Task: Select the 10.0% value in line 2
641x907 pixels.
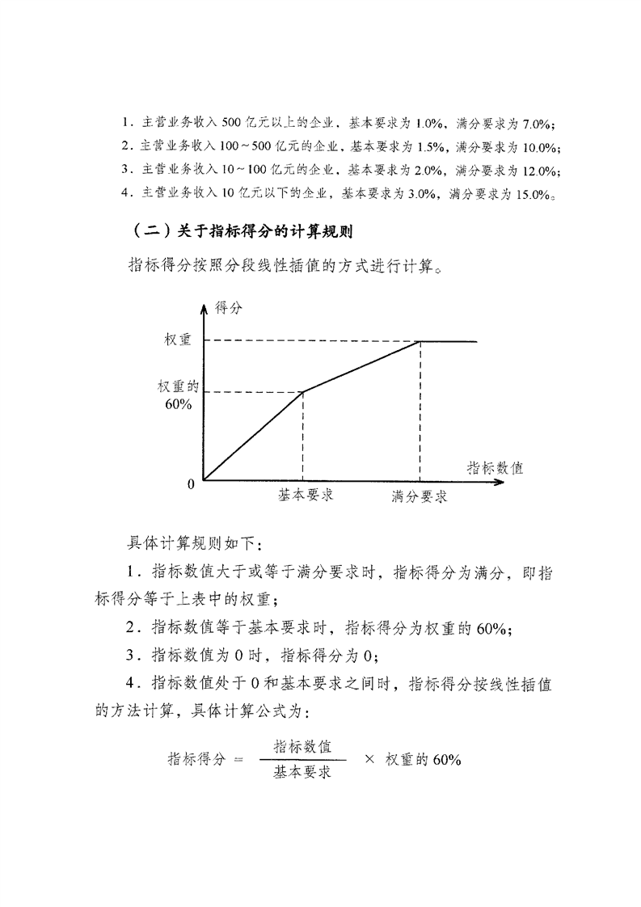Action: click(539, 147)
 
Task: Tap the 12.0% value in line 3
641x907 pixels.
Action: click(539, 171)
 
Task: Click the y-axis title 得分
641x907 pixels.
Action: click(228, 307)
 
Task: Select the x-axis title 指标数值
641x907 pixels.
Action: click(495, 467)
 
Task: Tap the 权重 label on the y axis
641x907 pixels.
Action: click(178, 340)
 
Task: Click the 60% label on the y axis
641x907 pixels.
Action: click(178, 403)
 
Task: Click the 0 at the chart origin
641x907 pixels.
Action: click(192, 484)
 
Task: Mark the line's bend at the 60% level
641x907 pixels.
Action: click(302, 392)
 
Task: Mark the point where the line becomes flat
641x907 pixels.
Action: click(420, 341)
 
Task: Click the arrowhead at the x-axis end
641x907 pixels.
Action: click(500, 482)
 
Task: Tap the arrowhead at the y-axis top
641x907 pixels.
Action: click(204, 302)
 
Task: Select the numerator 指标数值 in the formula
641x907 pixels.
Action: click(303, 745)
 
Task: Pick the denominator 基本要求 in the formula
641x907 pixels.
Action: click(303, 773)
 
